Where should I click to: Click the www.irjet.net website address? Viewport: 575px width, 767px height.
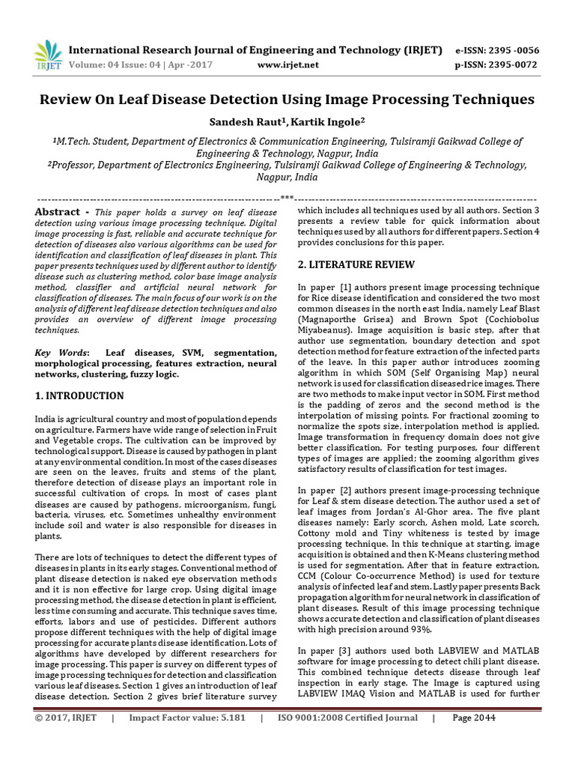click(x=287, y=65)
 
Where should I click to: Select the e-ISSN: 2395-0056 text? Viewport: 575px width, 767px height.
click(x=496, y=50)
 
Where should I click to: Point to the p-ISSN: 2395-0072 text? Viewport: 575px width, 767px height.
click(x=496, y=65)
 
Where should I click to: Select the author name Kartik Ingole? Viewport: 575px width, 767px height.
click(x=329, y=121)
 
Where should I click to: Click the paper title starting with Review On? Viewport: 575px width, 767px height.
click(x=287, y=99)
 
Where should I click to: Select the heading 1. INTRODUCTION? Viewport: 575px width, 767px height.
click(x=79, y=395)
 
